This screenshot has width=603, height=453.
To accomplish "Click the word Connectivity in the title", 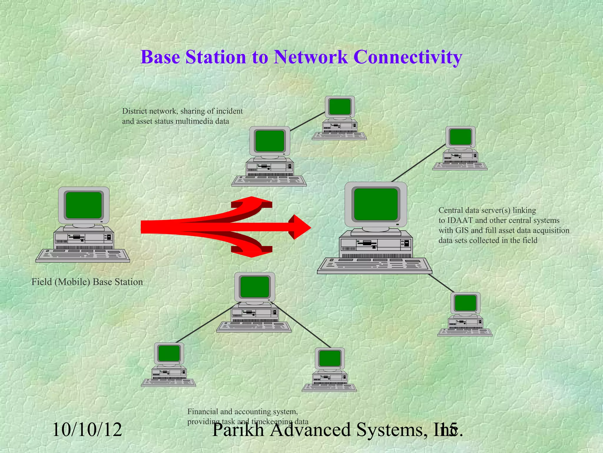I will pyautogui.click(x=407, y=57).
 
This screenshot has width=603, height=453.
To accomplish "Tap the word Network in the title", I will pyautogui.click(x=310, y=57).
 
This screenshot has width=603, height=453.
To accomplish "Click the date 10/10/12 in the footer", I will pyautogui.click(x=87, y=430).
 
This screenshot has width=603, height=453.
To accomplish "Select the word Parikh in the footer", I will pyautogui.click(x=238, y=430).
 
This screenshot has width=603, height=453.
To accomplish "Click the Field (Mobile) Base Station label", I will pyautogui.click(x=87, y=282).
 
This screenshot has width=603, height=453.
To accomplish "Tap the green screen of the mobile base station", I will pyautogui.click(x=84, y=205).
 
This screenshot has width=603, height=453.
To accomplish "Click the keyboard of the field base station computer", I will pyautogui.click(x=83, y=255).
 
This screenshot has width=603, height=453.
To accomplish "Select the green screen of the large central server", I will pyautogui.click(x=376, y=204).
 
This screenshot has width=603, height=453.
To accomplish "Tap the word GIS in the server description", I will pyautogui.click(x=461, y=231).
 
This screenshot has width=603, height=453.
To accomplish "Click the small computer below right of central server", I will pyautogui.click(x=465, y=314).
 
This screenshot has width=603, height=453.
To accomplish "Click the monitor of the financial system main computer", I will pyautogui.click(x=255, y=287).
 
